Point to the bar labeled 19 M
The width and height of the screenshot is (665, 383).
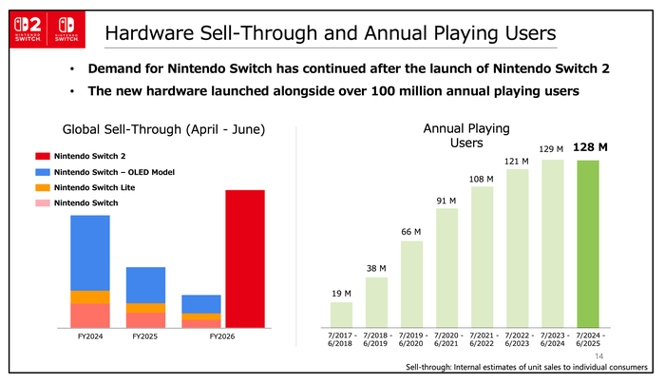pos(341,314)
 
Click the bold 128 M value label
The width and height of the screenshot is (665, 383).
pos(590,148)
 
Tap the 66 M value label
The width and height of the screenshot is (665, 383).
pos(411,231)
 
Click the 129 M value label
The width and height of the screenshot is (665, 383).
pos(552,149)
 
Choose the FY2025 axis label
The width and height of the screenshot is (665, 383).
pos(146,336)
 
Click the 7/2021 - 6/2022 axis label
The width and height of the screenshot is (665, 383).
pos(482,340)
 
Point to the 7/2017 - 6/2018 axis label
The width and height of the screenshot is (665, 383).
pos(341,340)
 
